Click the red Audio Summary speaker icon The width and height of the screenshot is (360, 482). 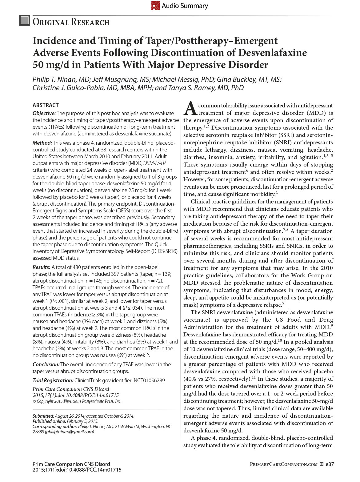tap(156, 6)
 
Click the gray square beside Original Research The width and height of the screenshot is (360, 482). tap(24, 20)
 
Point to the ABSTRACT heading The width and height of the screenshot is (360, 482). tap(46, 105)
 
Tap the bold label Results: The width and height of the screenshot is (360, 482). tap(42, 267)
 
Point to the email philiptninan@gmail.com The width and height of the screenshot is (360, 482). tap(70, 432)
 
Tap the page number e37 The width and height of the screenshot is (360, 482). tap(330, 464)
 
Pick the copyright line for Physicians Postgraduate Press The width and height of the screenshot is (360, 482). tap(77, 401)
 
